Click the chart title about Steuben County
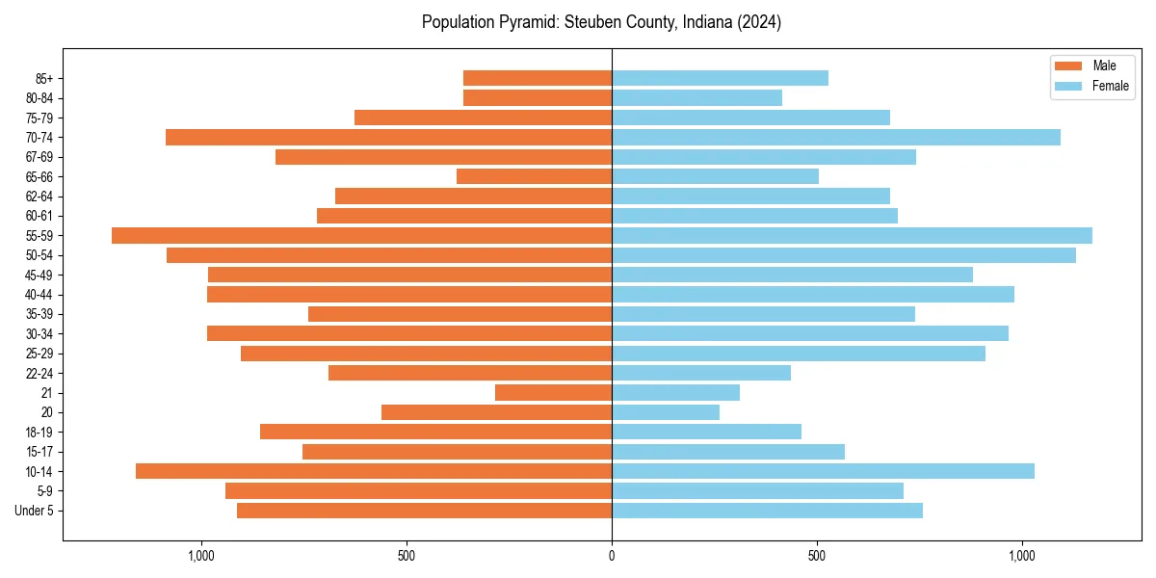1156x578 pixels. [x=601, y=22]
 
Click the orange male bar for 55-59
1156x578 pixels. [x=361, y=235]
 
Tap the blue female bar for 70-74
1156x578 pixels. [x=835, y=137]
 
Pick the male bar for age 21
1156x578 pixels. [x=553, y=392]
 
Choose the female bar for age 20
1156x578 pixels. [x=665, y=412]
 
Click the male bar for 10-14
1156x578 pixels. [x=374, y=471]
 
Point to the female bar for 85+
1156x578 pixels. [x=720, y=78]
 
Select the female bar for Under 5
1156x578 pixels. [x=767, y=511]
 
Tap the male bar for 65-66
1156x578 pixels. [x=534, y=176]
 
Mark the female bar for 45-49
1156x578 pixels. [x=792, y=275]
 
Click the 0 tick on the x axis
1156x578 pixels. [x=612, y=556]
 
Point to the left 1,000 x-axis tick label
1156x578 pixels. [x=201, y=556]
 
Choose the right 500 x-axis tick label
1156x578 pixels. [x=817, y=556]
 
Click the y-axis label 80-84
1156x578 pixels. [x=39, y=98]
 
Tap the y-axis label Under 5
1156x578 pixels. [x=34, y=511]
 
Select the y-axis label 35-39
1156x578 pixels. [x=39, y=314]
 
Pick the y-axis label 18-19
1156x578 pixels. [x=39, y=432]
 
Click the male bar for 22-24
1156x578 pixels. [x=470, y=373]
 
